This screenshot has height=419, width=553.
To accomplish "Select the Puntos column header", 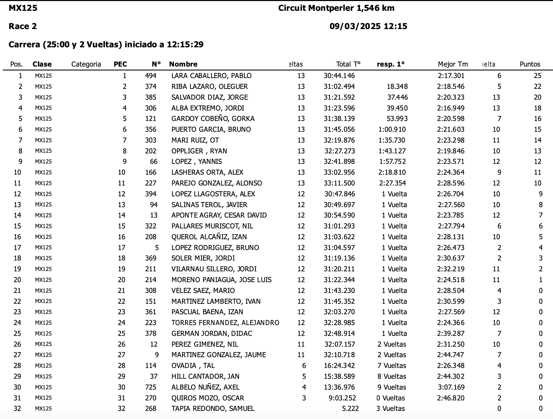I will (530, 64).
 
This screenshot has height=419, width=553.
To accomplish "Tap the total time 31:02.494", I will (339, 87).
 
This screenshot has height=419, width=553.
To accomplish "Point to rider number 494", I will (151, 76).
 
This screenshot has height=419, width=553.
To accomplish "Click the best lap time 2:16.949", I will (451, 108).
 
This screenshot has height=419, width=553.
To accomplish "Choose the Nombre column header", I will (183, 64).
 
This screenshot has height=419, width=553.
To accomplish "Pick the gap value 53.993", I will (397, 119).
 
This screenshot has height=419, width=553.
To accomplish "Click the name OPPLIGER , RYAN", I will (199, 151).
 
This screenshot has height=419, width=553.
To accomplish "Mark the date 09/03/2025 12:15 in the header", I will (368, 26).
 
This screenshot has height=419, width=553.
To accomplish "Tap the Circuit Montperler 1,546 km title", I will (336, 8).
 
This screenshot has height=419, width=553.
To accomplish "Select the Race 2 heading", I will (23, 26).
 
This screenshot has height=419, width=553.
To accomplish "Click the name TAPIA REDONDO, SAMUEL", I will (213, 409).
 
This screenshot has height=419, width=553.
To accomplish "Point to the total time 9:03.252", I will (342, 398).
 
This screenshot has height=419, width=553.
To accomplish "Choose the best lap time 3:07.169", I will (451, 387).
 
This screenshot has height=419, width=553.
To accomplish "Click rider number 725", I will (151, 387).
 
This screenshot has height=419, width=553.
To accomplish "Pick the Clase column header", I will (42, 64).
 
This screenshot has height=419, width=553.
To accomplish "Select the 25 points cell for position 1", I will (537, 76).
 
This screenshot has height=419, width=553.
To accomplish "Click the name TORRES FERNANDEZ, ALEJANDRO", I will (225, 323).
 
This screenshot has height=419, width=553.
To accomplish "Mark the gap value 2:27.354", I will (392, 183).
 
